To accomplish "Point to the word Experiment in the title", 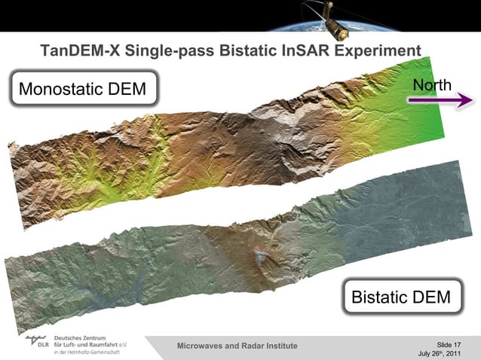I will tap(378, 52).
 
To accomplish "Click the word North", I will tap(433, 84).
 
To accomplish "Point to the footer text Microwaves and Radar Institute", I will tap(237, 346).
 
